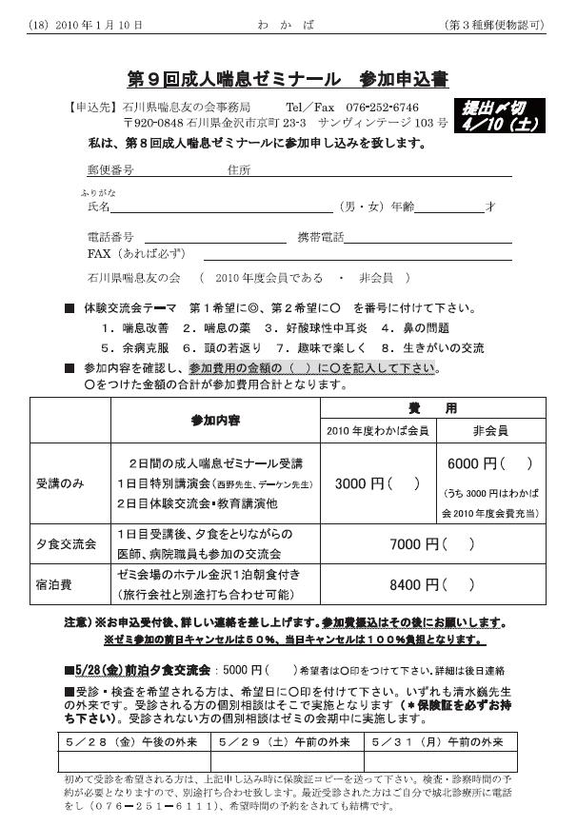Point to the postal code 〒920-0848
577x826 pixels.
pyautogui.click(x=154, y=124)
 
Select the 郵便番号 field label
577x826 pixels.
pyautogui.click(x=109, y=170)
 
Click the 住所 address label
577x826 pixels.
pyautogui.click(x=239, y=170)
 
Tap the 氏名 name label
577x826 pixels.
pyautogui.click(x=98, y=206)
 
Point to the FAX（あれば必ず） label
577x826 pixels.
pyautogui.click(x=137, y=254)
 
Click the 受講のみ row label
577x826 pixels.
pyautogui.click(x=60, y=483)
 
